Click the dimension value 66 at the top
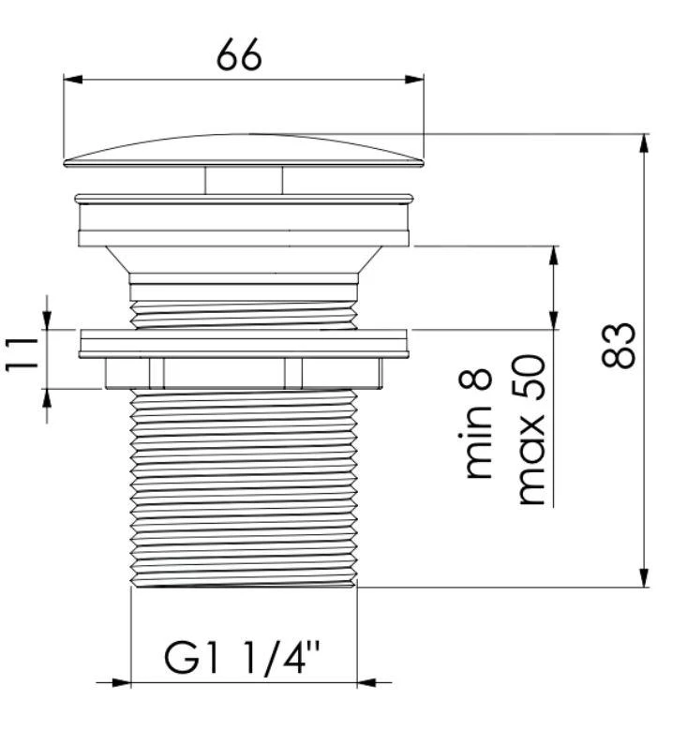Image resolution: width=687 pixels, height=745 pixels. [x=238, y=54]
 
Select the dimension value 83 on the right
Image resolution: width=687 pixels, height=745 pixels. [x=618, y=346]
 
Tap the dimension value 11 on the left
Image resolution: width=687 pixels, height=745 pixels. [x=22, y=354]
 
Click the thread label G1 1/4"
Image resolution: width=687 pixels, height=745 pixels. [x=242, y=658]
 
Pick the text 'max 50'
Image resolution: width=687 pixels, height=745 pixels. [x=530, y=430]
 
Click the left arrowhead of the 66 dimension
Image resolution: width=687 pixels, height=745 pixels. [x=73, y=80]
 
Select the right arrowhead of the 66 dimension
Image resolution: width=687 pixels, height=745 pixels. [x=414, y=80]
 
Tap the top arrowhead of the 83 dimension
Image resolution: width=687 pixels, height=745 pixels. [x=644, y=143]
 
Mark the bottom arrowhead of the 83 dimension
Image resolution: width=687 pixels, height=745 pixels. [x=644, y=578]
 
